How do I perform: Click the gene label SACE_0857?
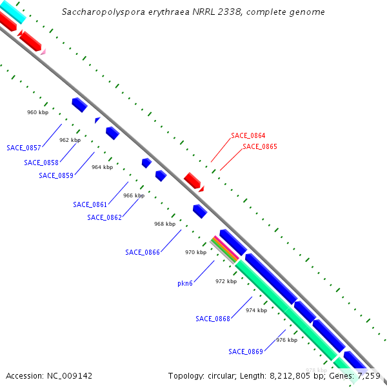(24, 148)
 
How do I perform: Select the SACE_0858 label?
(41, 163)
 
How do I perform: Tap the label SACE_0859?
(56, 175)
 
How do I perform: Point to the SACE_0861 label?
(90, 204)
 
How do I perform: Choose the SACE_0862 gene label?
(104, 217)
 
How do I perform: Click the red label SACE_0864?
(248, 136)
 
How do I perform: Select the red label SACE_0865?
(260, 147)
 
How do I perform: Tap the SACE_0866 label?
(143, 252)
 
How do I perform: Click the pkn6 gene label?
(185, 283)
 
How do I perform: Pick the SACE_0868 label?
(213, 319)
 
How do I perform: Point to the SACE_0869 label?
(246, 352)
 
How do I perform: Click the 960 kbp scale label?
(37, 112)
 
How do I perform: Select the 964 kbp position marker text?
(102, 167)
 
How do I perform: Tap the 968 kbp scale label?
(164, 224)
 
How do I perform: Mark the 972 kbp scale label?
(226, 281)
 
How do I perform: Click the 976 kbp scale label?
(286, 340)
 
